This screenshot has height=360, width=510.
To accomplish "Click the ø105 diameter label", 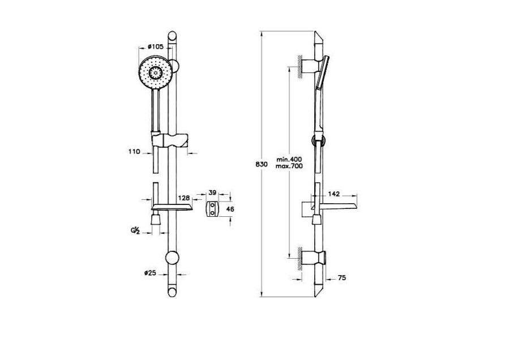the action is click(155, 47).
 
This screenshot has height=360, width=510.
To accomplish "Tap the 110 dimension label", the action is click(134, 152).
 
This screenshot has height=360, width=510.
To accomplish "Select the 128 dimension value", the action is click(184, 198).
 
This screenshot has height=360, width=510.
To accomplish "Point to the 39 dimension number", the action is click(212, 192).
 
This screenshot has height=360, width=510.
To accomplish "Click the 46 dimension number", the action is click(230, 209).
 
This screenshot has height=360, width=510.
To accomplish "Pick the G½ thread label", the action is click(135, 231).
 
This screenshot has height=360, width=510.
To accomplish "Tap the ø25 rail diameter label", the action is click(150, 273).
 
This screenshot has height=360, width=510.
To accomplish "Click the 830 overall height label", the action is click(262, 164).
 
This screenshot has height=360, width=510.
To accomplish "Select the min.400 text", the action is click(289, 160).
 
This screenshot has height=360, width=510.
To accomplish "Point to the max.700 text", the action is click(289, 166).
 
